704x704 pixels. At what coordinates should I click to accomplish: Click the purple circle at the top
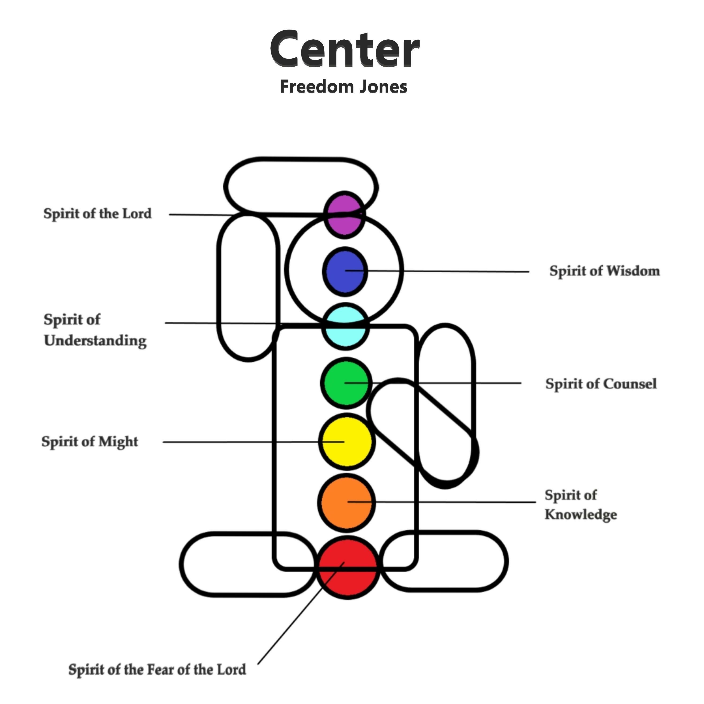[344, 215]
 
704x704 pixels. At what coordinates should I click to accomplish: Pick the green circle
[346, 383]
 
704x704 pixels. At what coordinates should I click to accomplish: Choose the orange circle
[347, 503]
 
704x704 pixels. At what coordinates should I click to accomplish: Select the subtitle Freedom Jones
[343, 87]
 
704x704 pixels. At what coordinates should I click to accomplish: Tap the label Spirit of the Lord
[97, 214]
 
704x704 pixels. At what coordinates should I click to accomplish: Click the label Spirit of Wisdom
[605, 271]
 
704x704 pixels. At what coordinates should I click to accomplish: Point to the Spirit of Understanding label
[95, 330]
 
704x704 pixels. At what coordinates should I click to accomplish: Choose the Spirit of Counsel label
[601, 384]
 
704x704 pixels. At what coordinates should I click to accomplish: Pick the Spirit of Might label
[90, 442]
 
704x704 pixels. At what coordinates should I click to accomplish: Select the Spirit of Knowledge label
[581, 505]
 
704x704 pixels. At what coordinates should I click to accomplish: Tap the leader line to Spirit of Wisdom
[448, 271]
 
